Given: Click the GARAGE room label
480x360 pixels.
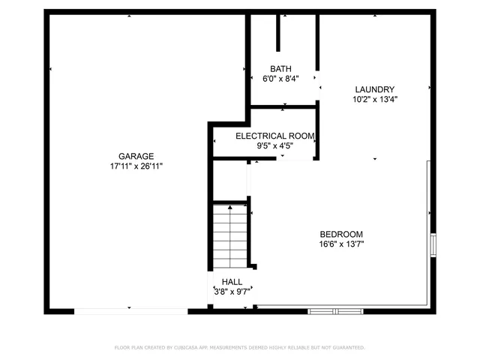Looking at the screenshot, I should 135,156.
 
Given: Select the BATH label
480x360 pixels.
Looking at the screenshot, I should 281,68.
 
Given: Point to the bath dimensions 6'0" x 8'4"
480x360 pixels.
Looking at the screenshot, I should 281,78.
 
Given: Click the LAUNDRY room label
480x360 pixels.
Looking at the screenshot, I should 375,88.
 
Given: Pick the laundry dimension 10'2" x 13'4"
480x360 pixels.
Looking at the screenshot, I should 375,98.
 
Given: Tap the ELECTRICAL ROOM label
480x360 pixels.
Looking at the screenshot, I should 274,136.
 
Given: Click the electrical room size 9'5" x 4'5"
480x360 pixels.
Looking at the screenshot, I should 274,145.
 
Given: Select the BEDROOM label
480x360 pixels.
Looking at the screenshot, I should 341,233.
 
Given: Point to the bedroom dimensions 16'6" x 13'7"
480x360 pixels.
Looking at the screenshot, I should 341,243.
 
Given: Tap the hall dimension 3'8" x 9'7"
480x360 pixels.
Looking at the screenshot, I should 232,291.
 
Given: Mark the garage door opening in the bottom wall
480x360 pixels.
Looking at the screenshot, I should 130,309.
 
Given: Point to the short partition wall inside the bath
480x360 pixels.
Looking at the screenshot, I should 279,31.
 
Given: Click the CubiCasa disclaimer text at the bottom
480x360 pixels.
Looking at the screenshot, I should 240,347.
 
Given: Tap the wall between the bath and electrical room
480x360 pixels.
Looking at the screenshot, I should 283,109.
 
